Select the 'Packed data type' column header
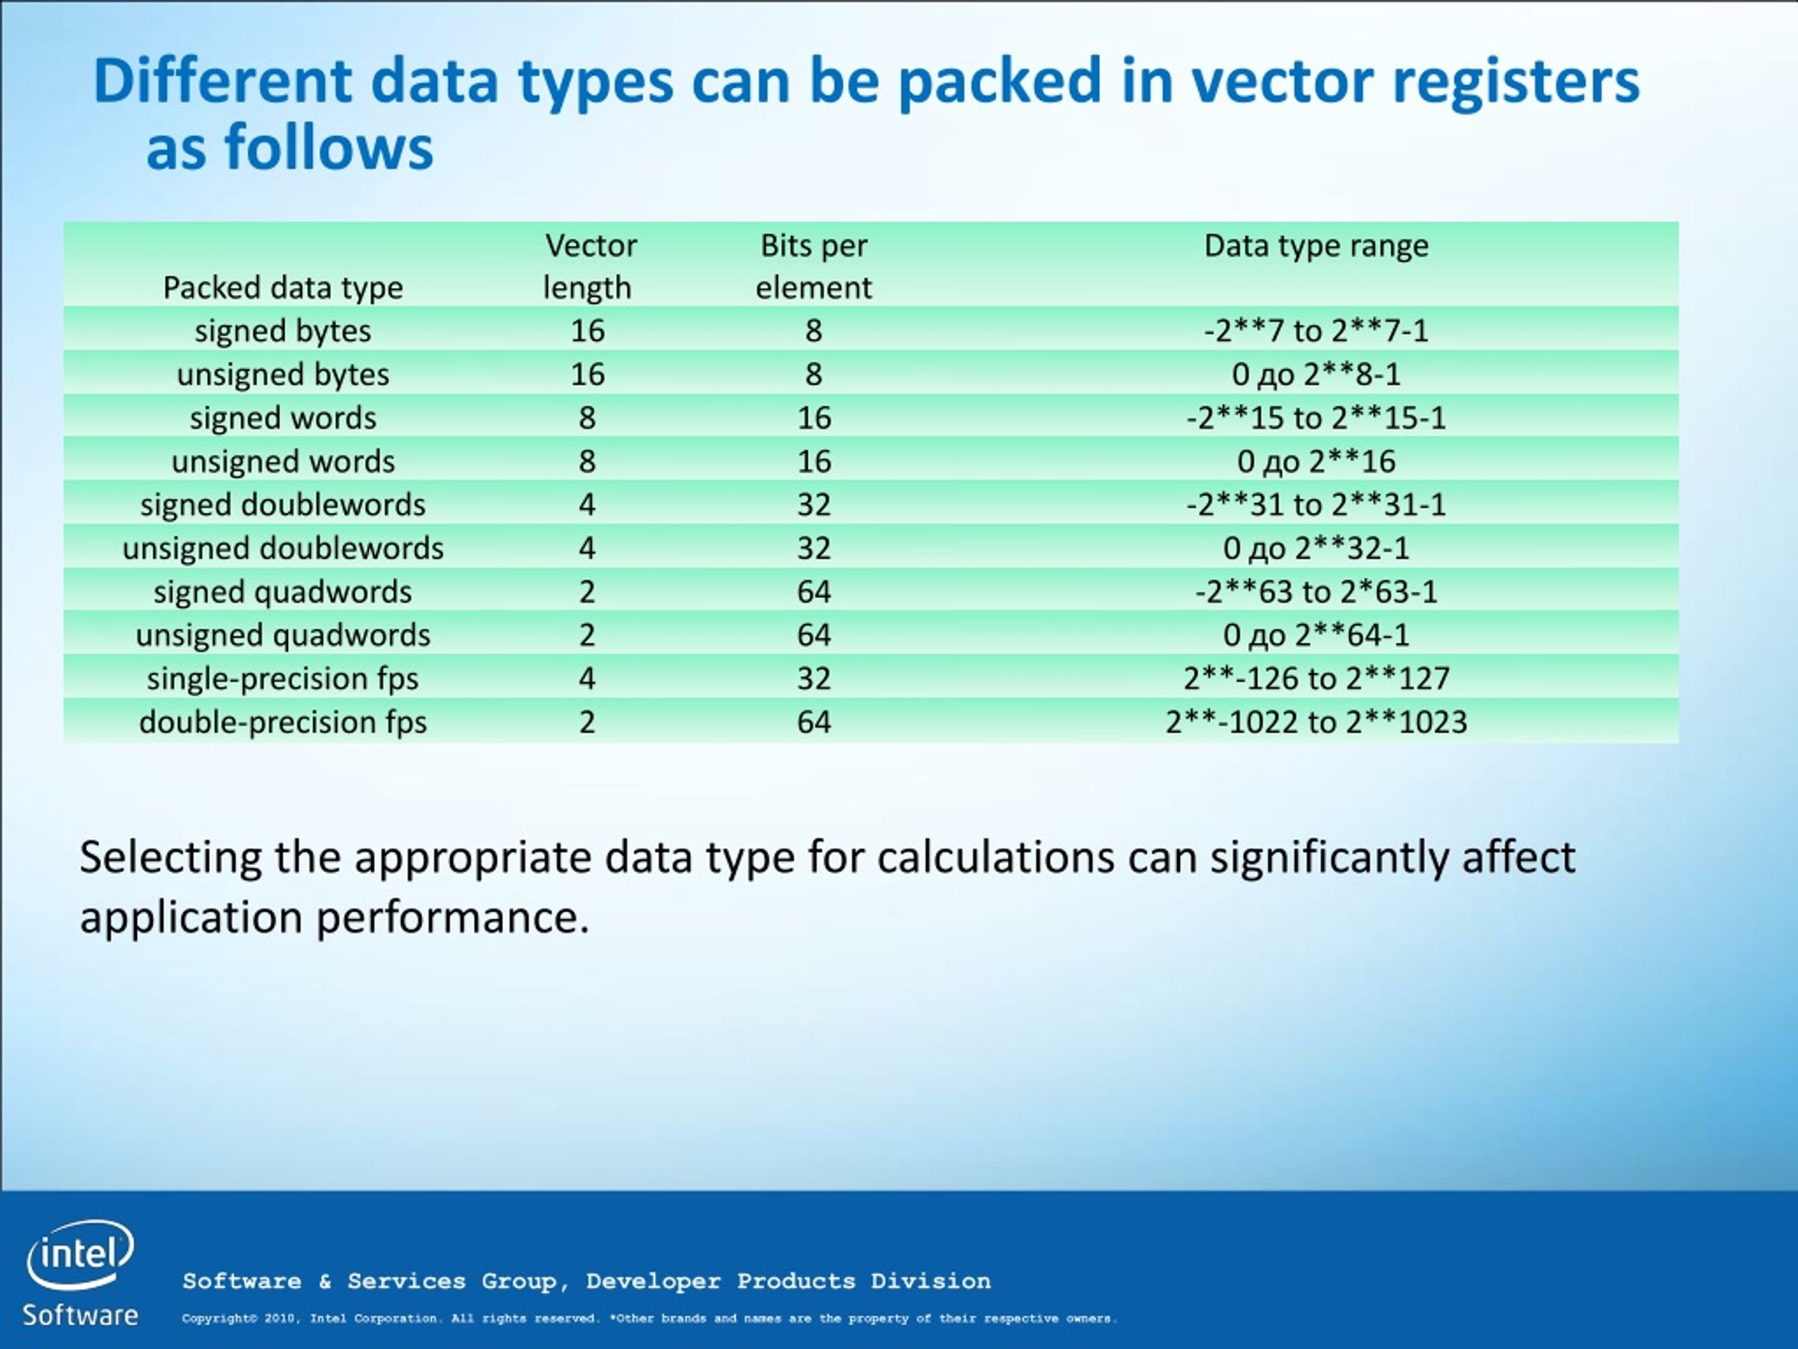click(x=283, y=288)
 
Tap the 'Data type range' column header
click(x=1316, y=246)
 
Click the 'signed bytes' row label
click(x=283, y=331)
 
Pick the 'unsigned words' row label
click(x=283, y=462)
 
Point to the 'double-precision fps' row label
click(x=283, y=722)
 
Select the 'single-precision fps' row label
click(x=283, y=679)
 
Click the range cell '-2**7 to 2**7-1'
click(x=1316, y=331)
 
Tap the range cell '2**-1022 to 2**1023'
click(x=1316, y=722)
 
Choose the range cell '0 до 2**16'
click(x=1316, y=462)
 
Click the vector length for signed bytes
click(x=588, y=331)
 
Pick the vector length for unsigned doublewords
click(x=588, y=549)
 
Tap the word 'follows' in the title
click(x=329, y=148)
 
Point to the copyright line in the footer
click(x=650, y=1319)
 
